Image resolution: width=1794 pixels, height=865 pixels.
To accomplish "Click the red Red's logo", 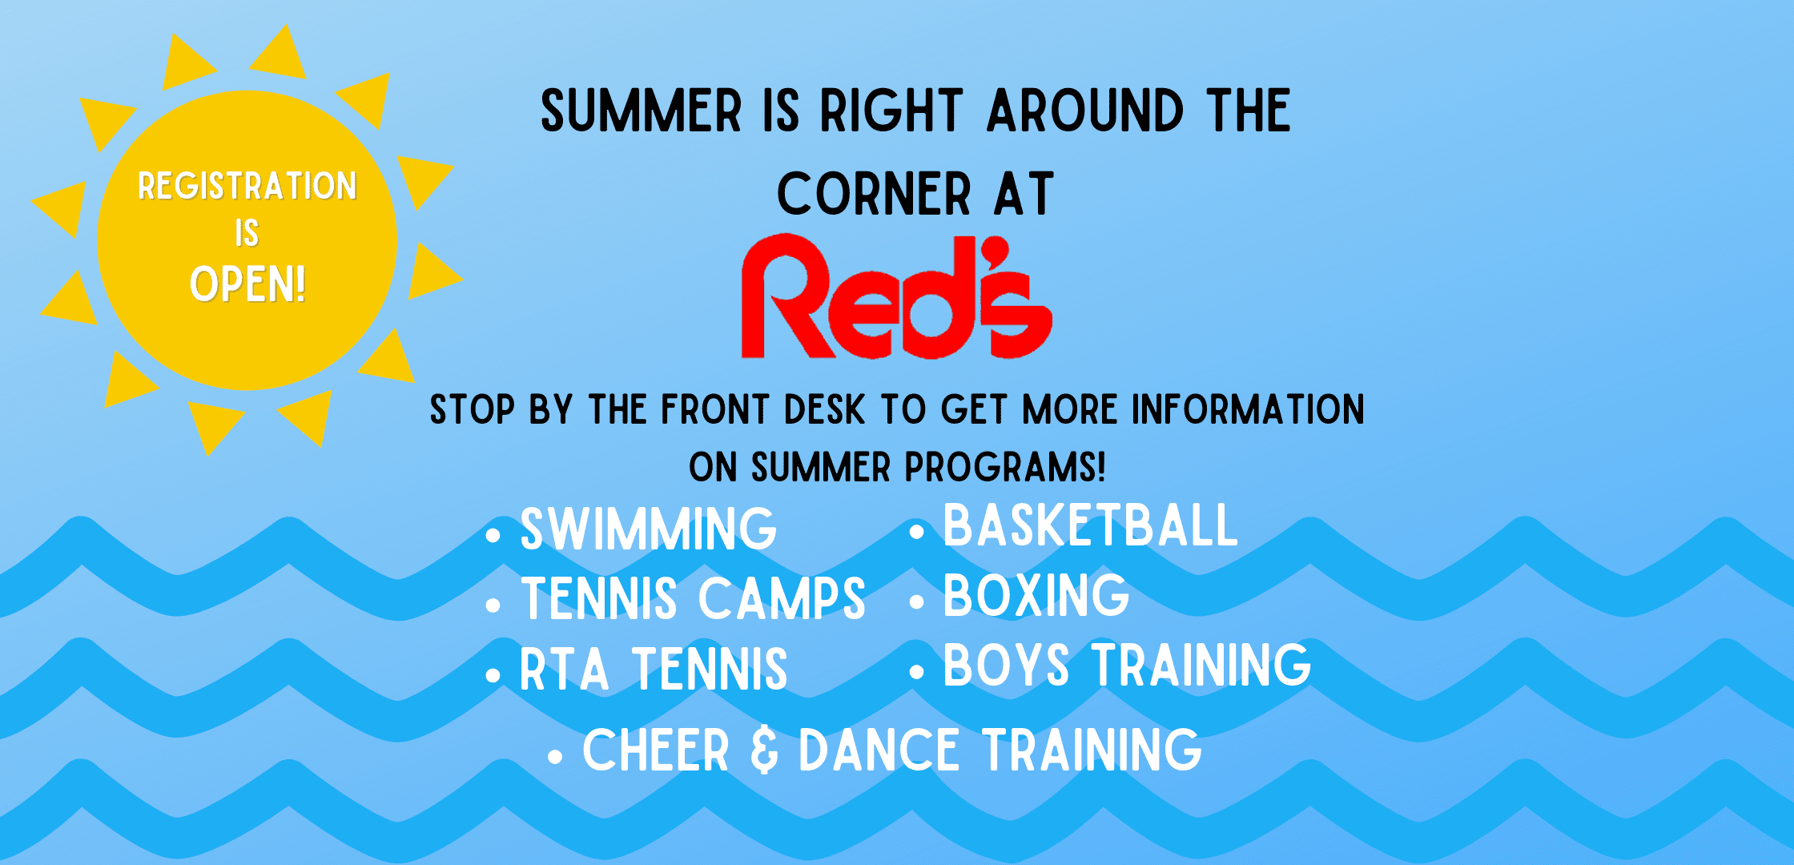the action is [x=897, y=296].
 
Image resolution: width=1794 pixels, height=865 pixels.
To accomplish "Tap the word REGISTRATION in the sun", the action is [x=247, y=186].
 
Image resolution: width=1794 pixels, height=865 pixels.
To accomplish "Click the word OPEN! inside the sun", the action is [x=247, y=284].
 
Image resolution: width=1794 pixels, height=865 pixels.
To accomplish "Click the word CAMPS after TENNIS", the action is [x=782, y=598].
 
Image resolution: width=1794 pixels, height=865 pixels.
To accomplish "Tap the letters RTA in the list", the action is [x=565, y=669].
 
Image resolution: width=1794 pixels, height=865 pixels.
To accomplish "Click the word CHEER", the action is [x=656, y=750].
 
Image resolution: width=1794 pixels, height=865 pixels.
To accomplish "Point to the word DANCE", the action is [x=879, y=750].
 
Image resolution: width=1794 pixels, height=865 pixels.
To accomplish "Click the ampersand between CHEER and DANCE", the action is [x=764, y=750].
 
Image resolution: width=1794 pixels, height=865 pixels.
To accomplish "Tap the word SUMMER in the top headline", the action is [x=642, y=111].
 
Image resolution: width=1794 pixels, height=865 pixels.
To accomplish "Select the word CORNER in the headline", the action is [x=875, y=194].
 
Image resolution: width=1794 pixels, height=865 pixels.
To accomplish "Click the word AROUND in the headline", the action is [x=1085, y=111].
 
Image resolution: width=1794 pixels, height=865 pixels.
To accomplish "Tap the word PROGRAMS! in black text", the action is [x=1005, y=467].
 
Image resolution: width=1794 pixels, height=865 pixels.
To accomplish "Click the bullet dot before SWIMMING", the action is [x=493, y=535].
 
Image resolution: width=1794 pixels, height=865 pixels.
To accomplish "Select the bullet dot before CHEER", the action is [x=555, y=756].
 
